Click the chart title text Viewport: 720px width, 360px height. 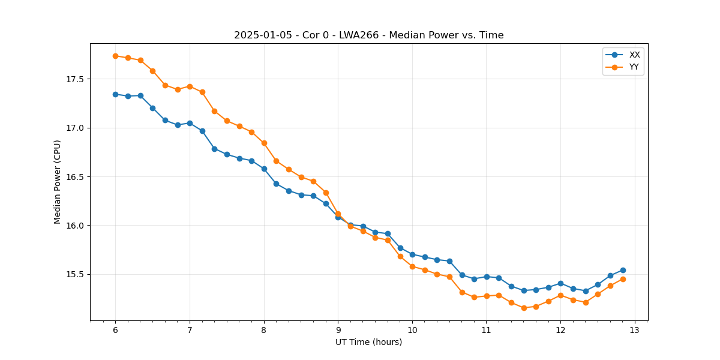click(368, 35)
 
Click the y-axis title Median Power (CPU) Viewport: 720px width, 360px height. click(58, 182)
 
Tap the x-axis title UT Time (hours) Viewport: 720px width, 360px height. click(368, 342)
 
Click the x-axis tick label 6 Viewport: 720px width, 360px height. click(115, 331)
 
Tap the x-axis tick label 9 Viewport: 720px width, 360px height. click(338, 331)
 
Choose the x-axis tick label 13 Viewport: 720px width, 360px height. click(635, 331)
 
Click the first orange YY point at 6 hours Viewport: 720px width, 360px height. click(115, 56)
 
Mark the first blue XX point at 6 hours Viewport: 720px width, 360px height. click(115, 94)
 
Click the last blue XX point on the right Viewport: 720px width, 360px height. click(623, 270)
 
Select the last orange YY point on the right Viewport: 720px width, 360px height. click(623, 279)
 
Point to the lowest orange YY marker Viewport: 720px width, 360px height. click(524, 308)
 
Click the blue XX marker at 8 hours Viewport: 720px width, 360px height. click(264, 169)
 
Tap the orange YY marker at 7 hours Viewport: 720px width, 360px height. click(190, 86)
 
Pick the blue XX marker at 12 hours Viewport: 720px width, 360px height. click(560, 283)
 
